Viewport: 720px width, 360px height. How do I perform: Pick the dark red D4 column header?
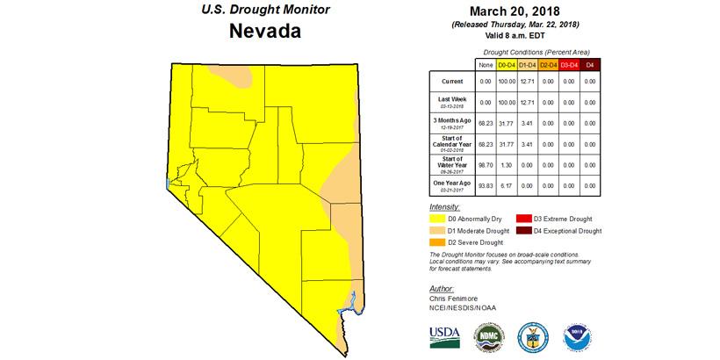pyautogui.click(x=590, y=65)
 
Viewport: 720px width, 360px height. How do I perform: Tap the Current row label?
pyautogui.click(x=453, y=81)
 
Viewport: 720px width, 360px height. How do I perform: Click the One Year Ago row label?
pyautogui.click(x=453, y=184)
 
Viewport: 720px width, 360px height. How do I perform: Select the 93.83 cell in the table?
pyautogui.click(x=485, y=184)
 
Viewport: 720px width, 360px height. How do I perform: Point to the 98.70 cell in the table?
pyautogui.click(x=485, y=164)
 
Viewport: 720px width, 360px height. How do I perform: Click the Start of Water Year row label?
pyautogui.click(x=453, y=164)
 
